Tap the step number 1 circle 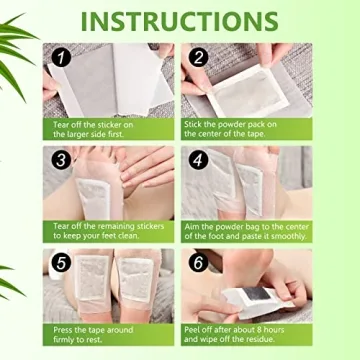[x=62, y=58]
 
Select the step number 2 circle [x=199, y=58]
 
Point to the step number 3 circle [x=62, y=160]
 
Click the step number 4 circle [x=199, y=160]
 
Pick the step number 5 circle [x=62, y=263]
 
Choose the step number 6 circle [x=199, y=263]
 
